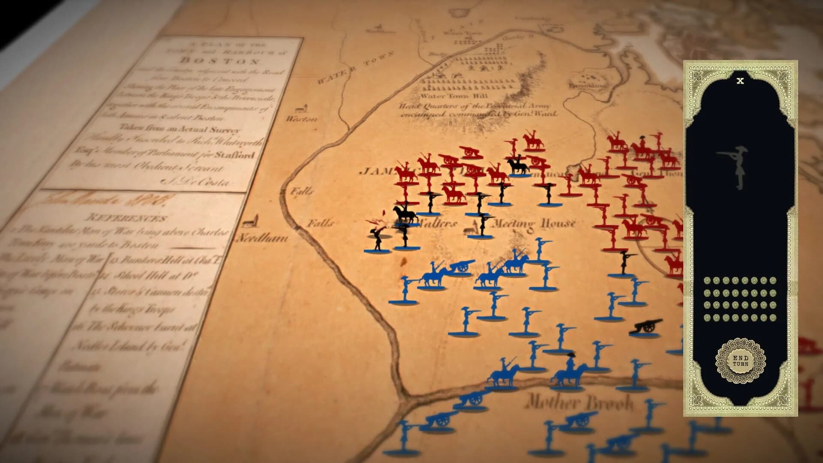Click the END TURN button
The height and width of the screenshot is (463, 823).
tap(740, 361)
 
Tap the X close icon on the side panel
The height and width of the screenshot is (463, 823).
tap(740, 81)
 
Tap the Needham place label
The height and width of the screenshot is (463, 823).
tap(262, 238)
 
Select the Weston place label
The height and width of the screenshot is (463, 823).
tap(302, 119)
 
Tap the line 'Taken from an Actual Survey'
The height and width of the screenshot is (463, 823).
tap(180, 129)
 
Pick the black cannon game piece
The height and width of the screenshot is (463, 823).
tap(646, 327)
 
